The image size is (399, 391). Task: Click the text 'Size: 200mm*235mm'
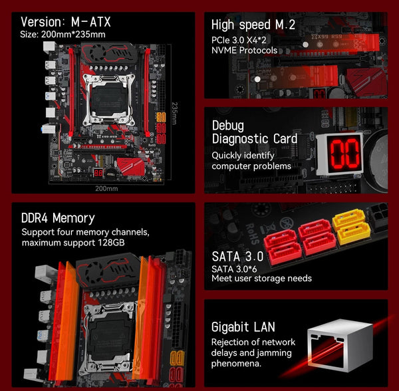tap(63, 35)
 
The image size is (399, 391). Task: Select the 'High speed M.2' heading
tap(253, 25)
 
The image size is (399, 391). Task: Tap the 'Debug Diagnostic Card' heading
tap(254, 132)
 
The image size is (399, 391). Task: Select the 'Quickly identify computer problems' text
tap(251, 160)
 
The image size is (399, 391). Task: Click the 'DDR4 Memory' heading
tap(58, 218)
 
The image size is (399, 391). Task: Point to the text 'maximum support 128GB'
tap(72, 242)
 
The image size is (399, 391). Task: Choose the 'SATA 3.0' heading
tap(237, 255)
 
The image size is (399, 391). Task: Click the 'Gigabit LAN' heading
tap(243, 327)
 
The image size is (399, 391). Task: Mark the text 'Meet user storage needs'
tap(261, 278)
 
